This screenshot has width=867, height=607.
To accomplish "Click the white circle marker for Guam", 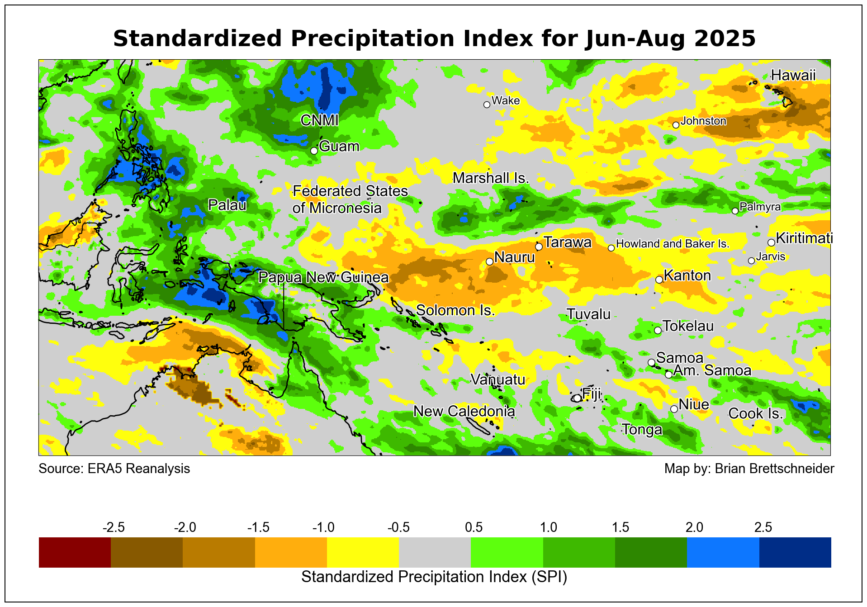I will pos(314,151).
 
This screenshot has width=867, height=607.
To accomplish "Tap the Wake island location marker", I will pos(487,104).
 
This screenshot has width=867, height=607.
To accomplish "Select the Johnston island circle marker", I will pos(676,125).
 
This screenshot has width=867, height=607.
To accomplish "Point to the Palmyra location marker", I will pos(735,211).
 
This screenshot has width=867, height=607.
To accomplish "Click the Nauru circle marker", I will pos(489,261).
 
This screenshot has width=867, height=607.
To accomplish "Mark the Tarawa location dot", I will pos(539,247).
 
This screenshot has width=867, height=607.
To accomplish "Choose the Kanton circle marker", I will pos(659,280).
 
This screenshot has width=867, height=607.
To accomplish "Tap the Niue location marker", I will pos(674,409).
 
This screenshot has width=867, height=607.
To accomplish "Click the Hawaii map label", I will pos(793,75).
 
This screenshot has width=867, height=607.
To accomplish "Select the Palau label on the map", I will pos(227,205).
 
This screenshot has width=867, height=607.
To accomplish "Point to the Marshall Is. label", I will pos(491,178).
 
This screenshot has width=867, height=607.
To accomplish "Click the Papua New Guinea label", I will pos(323,277).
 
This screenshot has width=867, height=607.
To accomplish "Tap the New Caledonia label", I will pos(464,411).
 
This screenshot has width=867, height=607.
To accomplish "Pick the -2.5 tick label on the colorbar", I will pos(114,527).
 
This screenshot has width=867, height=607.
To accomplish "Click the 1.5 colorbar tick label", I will pos(621,527).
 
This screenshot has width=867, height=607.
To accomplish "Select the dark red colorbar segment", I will pos(75,552).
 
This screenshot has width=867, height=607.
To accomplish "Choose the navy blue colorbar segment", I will pos(795,552).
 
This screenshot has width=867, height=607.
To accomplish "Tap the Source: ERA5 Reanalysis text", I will pos(114,469).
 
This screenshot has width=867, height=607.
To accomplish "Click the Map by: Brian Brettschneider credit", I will pos(749,469).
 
